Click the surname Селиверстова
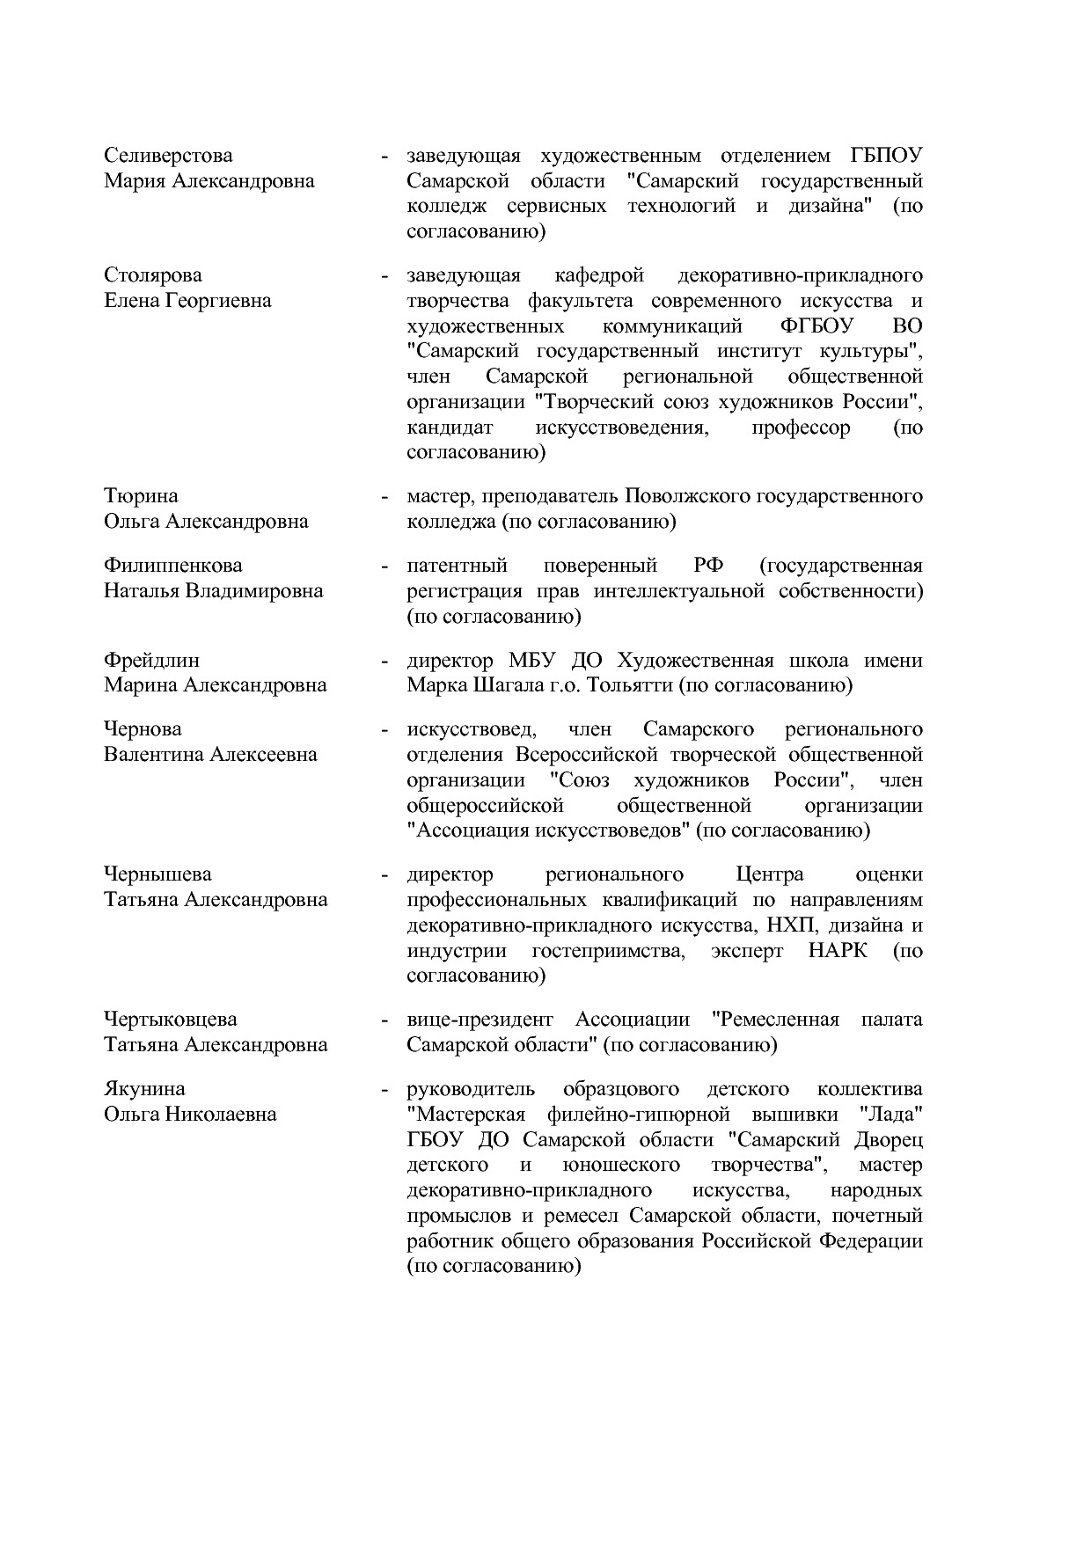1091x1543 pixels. click(x=168, y=156)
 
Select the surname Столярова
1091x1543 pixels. click(x=152, y=275)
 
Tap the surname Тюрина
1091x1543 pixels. click(x=141, y=496)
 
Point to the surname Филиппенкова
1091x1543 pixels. click(x=172, y=566)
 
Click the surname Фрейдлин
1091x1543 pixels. click(x=151, y=661)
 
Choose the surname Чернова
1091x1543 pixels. click(x=143, y=729)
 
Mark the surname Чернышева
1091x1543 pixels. click(x=157, y=874)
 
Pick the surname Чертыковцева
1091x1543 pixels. click(x=171, y=1020)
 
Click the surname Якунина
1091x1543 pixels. click(x=144, y=1089)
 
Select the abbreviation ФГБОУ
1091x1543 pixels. click(x=817, y=326)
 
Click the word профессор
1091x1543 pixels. click(x=801, y=428)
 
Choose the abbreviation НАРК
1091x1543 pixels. click(x=837, y=951)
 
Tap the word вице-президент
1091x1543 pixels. click(x=480, y=1020)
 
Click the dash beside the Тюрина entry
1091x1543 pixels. click(x=384, y=497)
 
